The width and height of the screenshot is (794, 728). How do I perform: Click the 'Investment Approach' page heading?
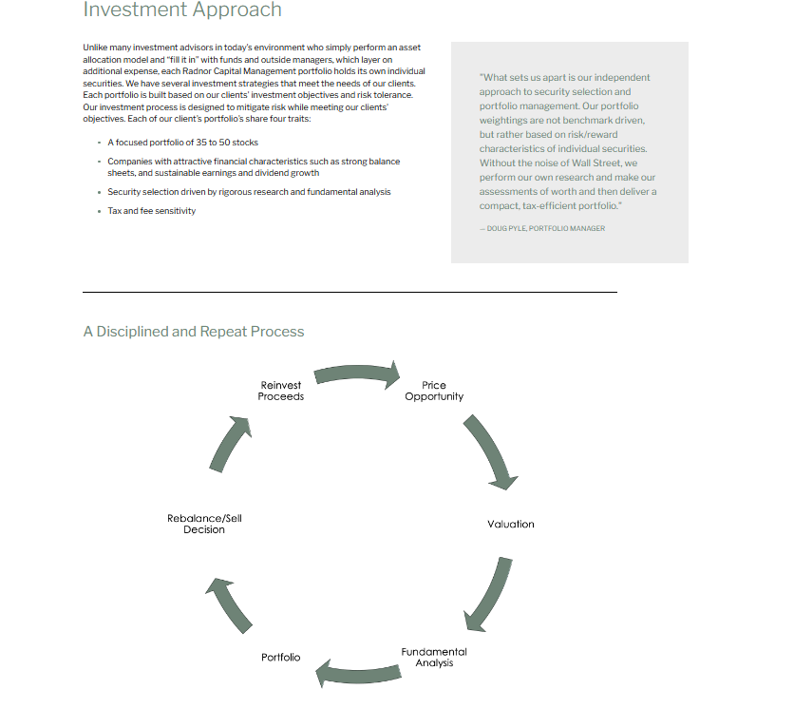pyautogui.click(x=182, y=10)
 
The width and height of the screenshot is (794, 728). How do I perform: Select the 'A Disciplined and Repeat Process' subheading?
pyautogui.click(x=194, y=332)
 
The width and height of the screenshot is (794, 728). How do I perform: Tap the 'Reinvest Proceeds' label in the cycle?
pyautogui.click(x=280, y=391)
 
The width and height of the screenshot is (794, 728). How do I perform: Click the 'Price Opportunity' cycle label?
pyautogui.click(x=434, y=391)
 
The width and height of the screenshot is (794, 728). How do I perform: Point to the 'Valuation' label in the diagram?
pyautogui.click(x=510, y=524)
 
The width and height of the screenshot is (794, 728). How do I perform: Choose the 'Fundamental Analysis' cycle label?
pyautogui.click(x=434, y=657)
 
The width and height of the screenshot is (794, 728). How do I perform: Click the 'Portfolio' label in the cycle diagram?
pyautogui.click(x=280, y=657)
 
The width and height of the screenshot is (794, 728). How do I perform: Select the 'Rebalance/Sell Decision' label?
pyautogui.click(x=204, y=524)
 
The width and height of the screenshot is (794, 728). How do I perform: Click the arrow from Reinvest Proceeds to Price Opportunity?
pyautogui.click(x=357, y=373)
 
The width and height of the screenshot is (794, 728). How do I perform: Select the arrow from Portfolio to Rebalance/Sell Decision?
pyautogui.click(x=231, y=605)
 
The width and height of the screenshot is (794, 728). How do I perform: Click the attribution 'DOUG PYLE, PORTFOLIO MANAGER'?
pyautogui.click(x=546, y=228)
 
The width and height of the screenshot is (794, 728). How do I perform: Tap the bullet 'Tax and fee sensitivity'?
pyautogui.click(x=151, y=211)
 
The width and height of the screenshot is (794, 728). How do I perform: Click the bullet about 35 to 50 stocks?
pyautogui.click(x=182, y=143)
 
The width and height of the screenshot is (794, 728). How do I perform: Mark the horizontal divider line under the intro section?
pyautogui.click(x=350, y=292)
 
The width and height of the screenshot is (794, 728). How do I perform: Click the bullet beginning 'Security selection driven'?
pyautogui.click(x=249, y=192)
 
